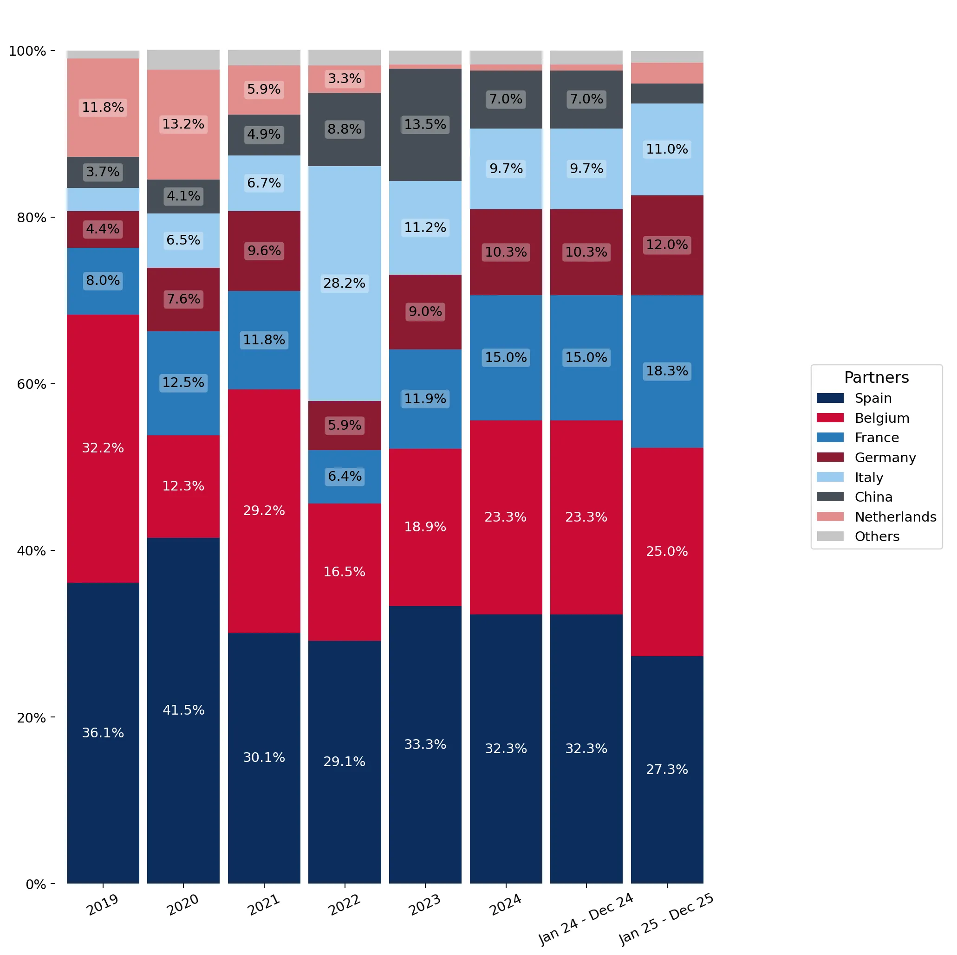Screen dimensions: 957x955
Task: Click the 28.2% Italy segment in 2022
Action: point(344,283)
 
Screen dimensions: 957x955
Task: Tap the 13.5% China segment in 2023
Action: point(425,125)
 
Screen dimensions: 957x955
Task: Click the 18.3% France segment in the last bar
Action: point(667,371)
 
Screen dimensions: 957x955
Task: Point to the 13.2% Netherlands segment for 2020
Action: point(183,125)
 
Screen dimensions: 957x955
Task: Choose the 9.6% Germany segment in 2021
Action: point(264,251)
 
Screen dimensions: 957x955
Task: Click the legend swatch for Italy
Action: point(830,477)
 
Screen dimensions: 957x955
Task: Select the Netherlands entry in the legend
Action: point(876,517)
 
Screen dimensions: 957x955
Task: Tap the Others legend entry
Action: point(858,536)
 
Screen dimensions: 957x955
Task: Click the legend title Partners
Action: point(876,378)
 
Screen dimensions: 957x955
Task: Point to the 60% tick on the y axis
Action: point(52,384)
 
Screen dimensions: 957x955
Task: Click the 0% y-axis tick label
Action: point(36,885)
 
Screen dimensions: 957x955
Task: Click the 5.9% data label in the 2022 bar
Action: point(344,425)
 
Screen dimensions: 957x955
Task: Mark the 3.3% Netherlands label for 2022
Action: point(344,79)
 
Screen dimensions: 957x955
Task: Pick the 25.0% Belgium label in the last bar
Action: point(667,551)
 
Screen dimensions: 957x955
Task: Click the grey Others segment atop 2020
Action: point(183,60)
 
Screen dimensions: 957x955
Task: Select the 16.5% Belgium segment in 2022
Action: point(344,572)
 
